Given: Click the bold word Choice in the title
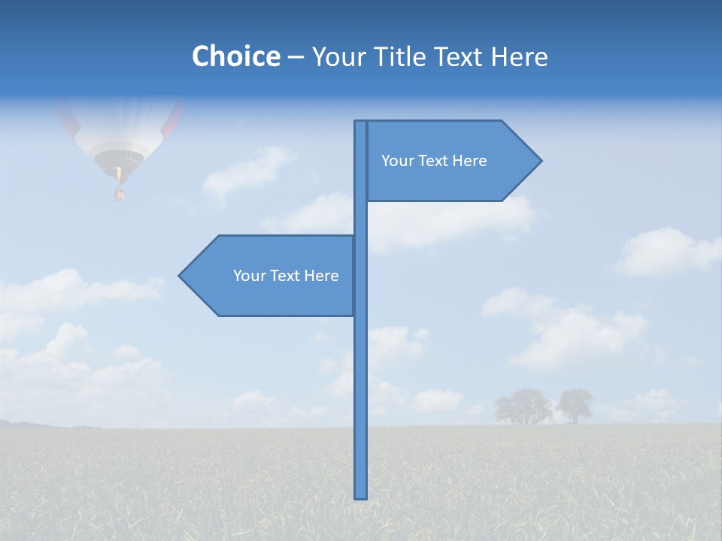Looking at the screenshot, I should pyautogui.click(x=235, y=56).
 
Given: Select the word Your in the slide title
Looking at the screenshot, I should pyautogui.click(x=338, y=56).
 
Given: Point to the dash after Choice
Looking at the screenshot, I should pyautogui.click(x=296, y=57).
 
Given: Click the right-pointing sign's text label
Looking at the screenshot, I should pyautogui.click(x=434, y=161).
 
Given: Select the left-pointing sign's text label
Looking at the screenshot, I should pyautogui.click(x=286, y=276).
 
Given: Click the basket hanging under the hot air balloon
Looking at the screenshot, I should pyautogui.click(x=119, y=195).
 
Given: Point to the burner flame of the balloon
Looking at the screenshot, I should pyautogui.click(x=118, y=174).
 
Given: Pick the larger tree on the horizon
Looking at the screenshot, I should pyautogui.click(x=523, y=406).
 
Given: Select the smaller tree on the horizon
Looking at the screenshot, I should pyautogui.click(x=575, y=404).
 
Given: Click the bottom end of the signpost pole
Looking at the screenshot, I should pyautogui.click(x=361, y=496).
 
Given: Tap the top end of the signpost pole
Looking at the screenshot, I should pyautogui.click(x=361, y=122).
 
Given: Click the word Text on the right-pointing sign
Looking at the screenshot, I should pyautogui.click(x=434, y=161).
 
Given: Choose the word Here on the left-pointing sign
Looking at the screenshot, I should pyautogui.click(x=321, y=276).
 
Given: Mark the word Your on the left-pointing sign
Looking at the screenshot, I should pyautogui.click(x=248, y=276).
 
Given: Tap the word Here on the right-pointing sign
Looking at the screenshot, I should pyautogui.click(x=469, y=161).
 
